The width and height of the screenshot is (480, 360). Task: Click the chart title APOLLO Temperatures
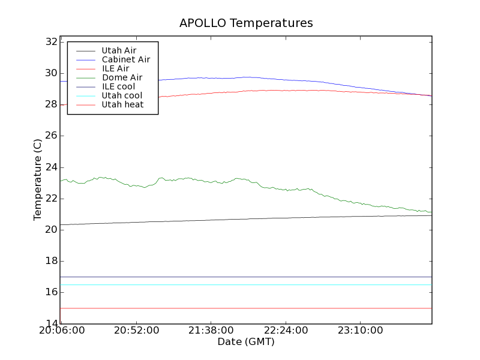246,23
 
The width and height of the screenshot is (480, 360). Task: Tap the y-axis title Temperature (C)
38,179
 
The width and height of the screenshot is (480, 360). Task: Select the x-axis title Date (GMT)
246,341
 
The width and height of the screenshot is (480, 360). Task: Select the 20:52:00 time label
137,331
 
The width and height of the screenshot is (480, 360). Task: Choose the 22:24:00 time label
286,331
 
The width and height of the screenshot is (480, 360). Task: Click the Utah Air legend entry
119,50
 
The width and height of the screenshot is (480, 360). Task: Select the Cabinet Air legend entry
125,59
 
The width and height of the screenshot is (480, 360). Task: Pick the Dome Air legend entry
122,77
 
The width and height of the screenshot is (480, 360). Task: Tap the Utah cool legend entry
122,95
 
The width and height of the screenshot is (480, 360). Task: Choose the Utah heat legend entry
122,104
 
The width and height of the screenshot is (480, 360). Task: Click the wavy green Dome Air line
240,179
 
